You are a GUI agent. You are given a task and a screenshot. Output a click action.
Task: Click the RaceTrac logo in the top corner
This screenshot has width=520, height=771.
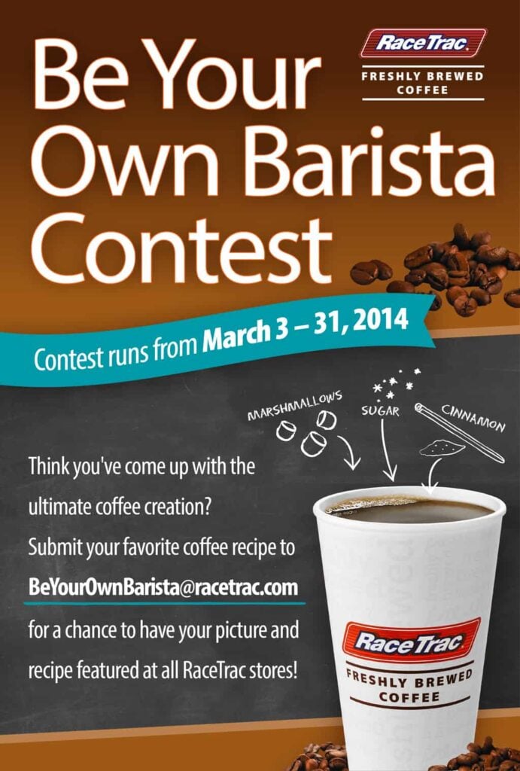point(423,43)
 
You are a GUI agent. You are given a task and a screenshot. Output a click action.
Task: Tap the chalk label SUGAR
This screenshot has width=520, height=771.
point(381,411)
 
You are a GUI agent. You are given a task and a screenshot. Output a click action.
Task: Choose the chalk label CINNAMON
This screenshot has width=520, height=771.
point(474,419)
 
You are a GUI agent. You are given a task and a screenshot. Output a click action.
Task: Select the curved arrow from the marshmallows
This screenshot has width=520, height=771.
point(349,450)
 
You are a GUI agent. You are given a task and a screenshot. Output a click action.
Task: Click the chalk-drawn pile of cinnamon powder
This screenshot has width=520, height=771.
point(442,447)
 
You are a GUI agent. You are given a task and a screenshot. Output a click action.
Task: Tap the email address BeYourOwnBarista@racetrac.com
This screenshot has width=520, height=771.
point(163,587)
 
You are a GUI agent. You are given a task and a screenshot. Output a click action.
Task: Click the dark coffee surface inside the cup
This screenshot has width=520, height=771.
point(411,510)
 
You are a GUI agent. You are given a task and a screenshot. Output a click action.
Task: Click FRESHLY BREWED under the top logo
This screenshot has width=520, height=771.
point(423,77)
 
